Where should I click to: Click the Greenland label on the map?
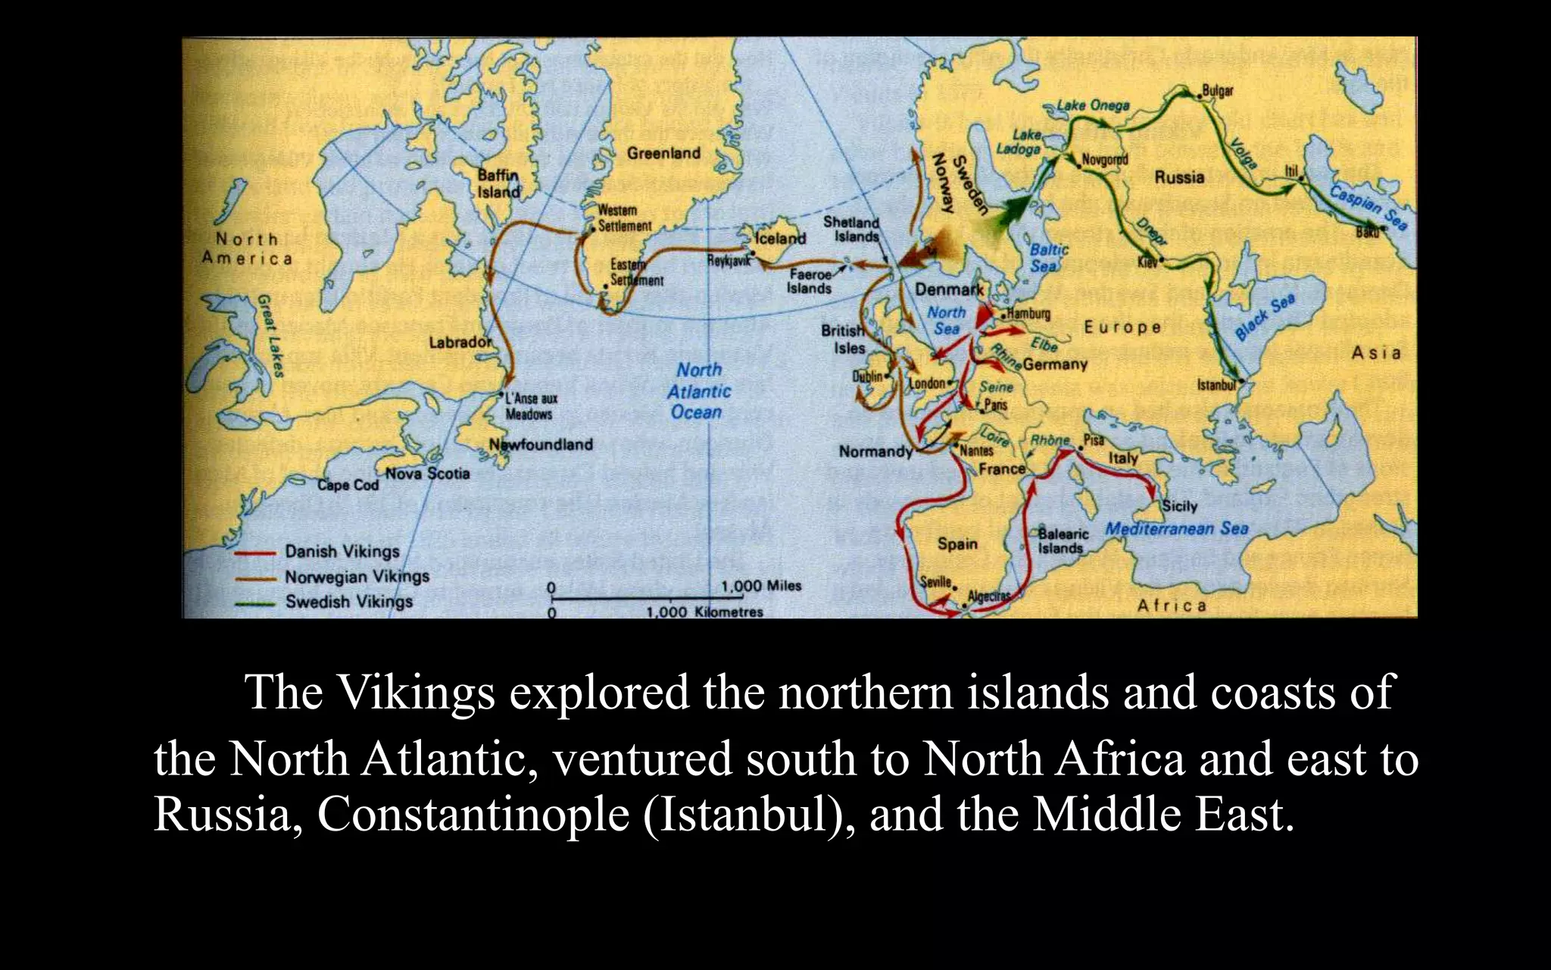pyautogui.click(x=663, y=154)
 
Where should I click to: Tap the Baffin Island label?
pyautogui.click(x=498, y=183)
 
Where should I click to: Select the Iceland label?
pyautogui.click(x=781, y=238)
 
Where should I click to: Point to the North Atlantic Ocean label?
pyautogui.click(x=698, y=391)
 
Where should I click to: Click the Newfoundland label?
pyautogui.click(x=541, y=445)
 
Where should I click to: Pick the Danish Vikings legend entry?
pyautogui.click(x=342, y=552)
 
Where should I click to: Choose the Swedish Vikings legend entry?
pyautogui.click(x=348, y=602)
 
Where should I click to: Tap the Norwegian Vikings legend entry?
pyautogui.click(x=357, y=577)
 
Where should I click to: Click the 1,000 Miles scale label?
pyautogui.click(x=760, y=586)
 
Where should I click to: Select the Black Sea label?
pyautogui.click(x=1265, y=318)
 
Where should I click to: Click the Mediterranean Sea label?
pyautogui.click(x=1176, y=528)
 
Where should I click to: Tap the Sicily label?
pyautogui.click(x=1179, y=506)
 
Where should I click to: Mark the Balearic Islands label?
pyautogui.click(x=1063, y=540)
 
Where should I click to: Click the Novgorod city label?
pyautogui.click(x=1104, y=160)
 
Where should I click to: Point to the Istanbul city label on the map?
pyautogui.click(x=1216, y=386)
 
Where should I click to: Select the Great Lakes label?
pyautogui.click(x=270, y=335)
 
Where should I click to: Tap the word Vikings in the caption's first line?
pyautogui.click(x=415, y=691)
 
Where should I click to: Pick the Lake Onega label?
pyautogui.click(x=1093, y=105)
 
